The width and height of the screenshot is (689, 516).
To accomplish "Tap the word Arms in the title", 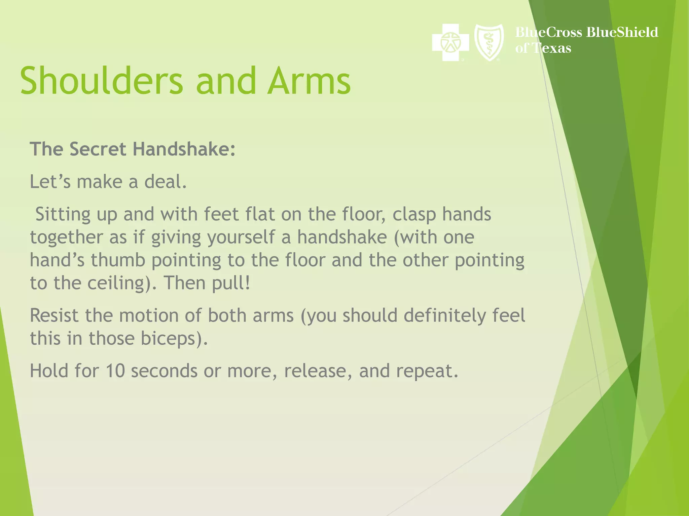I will tap(309, 81).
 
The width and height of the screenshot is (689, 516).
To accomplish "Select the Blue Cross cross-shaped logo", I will tap(450, 43).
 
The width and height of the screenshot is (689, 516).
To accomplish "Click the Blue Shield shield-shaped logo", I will tap(489, 42).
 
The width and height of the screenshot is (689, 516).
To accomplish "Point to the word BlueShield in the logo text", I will tap(622, 32).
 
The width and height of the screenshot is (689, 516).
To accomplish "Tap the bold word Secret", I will tap(98, 149).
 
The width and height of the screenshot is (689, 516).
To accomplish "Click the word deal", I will tap(165, 182).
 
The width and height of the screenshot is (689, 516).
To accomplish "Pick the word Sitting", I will tap(63, 215).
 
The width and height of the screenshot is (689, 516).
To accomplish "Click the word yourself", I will tap(241, 238).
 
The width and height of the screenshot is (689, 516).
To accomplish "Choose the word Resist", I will tap(54, 315).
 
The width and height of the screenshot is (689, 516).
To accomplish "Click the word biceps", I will tap(171, 338).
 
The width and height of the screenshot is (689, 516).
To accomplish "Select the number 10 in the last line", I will tap(115, 371).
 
